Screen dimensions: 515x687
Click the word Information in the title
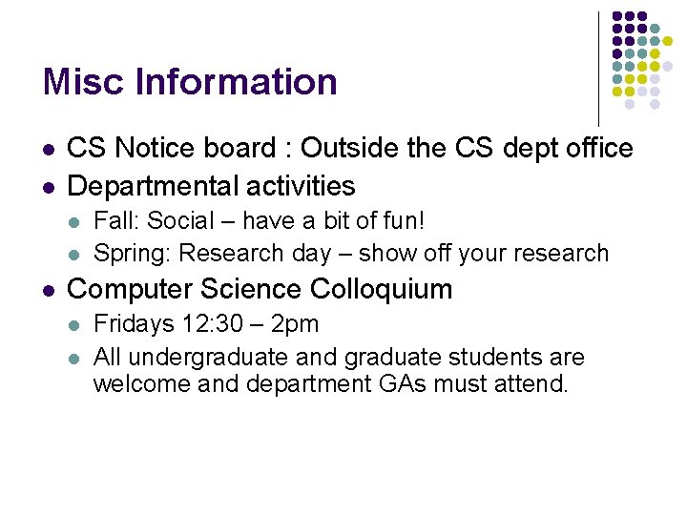click(x=237, y=82)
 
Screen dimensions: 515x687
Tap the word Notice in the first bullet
click(x=154, y=149)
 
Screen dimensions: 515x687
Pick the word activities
click(x=297, y=185)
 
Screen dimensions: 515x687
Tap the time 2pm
click(x=295, y=324)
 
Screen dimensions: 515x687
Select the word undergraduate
click(x=207, y=359)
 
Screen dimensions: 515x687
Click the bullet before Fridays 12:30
click(x=75, y=325)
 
